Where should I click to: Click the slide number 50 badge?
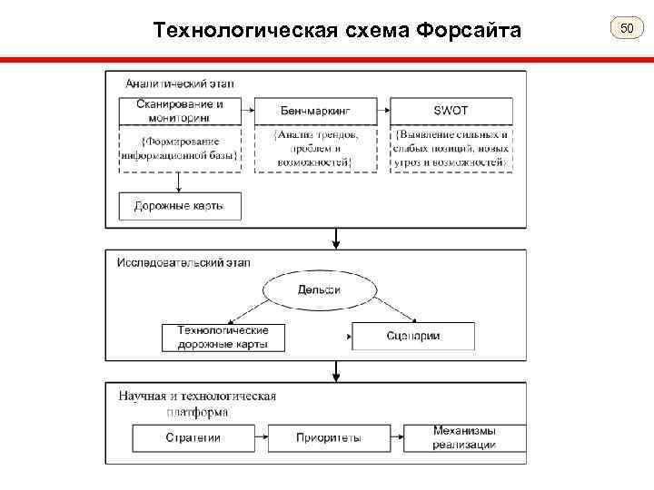pyautogui.click(x=626, y=31)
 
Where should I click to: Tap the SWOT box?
pyautogui.click(x=451, y=111)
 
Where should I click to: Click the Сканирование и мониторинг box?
pyautogui.click(x=179, y=110)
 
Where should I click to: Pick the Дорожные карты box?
pyautogui.click(x=179, y=206)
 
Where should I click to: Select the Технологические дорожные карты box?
pyautogui.click(x=223, y=337)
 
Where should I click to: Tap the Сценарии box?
pyautogui.click(x=412, y=337)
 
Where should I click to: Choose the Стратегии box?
pyautogui.click(x=193, y=438)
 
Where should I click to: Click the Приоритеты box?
pyautogui.click(x=328, y=438)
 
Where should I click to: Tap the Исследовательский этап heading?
pyautogui.click(x=183, y=263)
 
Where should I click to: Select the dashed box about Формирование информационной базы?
pyautogui.click(x=179, y=148)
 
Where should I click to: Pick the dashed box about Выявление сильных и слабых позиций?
pyautogui.click(x=451, y=148)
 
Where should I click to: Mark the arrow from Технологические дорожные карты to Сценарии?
pyautogui.click(x=318, y=337)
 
